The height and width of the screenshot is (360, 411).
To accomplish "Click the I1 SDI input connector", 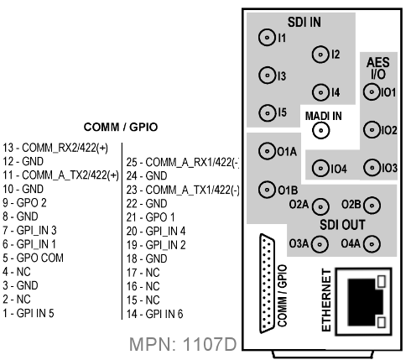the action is (267, 37).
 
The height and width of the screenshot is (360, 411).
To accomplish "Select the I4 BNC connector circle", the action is (320, 92).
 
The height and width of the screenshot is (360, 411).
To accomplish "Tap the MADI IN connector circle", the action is (321, 130).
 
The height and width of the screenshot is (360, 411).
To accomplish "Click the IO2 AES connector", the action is (372, 130).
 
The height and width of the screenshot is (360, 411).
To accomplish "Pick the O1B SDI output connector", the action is (267, 190).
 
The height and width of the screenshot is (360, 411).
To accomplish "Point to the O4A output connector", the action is (372, 244).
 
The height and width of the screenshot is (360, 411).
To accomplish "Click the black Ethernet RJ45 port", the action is (364, 301).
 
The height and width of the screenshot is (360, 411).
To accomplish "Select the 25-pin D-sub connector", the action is (267, 284).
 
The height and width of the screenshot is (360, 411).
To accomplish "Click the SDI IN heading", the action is (304, 22).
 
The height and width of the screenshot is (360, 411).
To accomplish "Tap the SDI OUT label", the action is (342, 225).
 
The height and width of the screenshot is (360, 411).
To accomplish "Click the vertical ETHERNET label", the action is (326, 300).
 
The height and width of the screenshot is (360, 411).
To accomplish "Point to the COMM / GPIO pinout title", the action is (121, 127).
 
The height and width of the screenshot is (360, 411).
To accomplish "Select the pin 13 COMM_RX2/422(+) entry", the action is (55, 148).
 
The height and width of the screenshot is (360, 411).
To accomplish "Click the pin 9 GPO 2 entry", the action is (24, 202).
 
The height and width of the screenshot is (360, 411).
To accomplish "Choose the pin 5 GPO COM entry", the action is (33, 258).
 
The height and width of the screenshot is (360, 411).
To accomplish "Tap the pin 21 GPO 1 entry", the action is (150, 217).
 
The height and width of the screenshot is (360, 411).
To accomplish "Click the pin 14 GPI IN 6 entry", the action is (154, 314).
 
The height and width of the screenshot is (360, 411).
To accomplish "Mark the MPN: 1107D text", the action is (183, 344).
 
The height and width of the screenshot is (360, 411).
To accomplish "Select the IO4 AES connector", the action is (320, 169).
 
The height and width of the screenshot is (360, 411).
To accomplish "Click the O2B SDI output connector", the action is (372, 206).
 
